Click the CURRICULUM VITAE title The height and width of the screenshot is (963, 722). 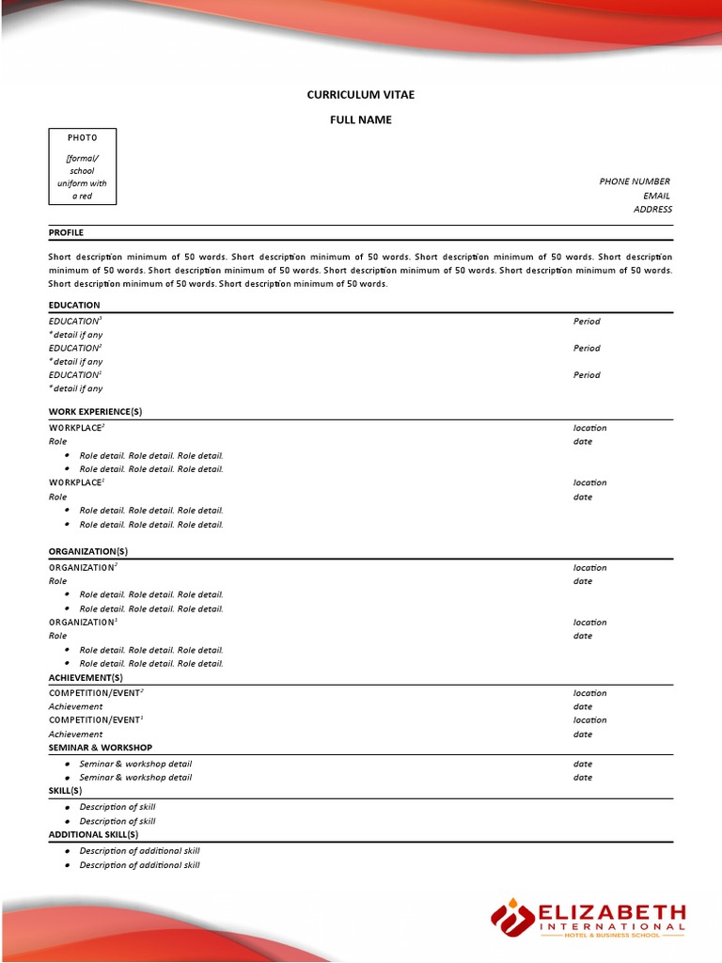tap(361, 95)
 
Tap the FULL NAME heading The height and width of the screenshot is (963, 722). tap(361, 119)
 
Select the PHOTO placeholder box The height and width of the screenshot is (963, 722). tap(83, 166)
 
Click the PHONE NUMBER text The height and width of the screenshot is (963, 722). tap(635, 182)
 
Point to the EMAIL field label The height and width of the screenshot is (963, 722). tap(656, 196)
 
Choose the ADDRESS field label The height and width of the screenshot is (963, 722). tap(652, 210)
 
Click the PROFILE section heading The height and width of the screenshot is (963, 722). tap(66, 232)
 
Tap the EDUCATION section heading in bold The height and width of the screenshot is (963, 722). tap(74, 305)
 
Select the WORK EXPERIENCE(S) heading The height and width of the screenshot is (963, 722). tap(95, 412)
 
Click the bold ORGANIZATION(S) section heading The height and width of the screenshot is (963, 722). tap(88, 551)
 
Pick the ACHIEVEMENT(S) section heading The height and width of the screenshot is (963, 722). tap(86, 677)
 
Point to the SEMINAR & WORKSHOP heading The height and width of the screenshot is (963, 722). tap(100, 748)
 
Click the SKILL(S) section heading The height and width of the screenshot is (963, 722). tap(66, 791)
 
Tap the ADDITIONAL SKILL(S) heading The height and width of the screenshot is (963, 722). tap(93, 834)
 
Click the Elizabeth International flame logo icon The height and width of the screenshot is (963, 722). tap(512, 919)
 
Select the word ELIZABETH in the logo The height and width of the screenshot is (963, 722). tap(611, 912)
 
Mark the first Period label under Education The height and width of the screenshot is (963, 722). tap(587, 322)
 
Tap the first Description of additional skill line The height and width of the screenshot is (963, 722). tap(139, 851)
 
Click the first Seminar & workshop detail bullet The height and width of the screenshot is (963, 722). tap(135, 764)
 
